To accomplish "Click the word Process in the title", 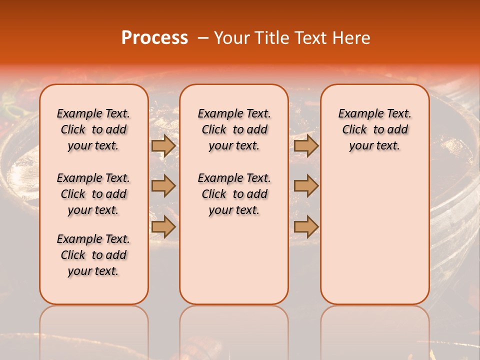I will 154,38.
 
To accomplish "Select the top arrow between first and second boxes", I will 163,145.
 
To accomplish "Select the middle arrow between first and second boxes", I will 163,186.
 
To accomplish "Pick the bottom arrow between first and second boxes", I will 163,227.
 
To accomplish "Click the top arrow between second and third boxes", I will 306,145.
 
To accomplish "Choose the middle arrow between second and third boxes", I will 306,186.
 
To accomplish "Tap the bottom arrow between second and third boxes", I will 306,227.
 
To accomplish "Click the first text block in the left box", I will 93,129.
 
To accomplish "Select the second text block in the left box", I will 93,194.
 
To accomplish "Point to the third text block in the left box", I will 93,255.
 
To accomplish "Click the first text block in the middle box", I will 234,129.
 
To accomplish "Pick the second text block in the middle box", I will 234,194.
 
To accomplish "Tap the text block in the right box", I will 374,129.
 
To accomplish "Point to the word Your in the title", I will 231,38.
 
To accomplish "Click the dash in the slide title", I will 203,38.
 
